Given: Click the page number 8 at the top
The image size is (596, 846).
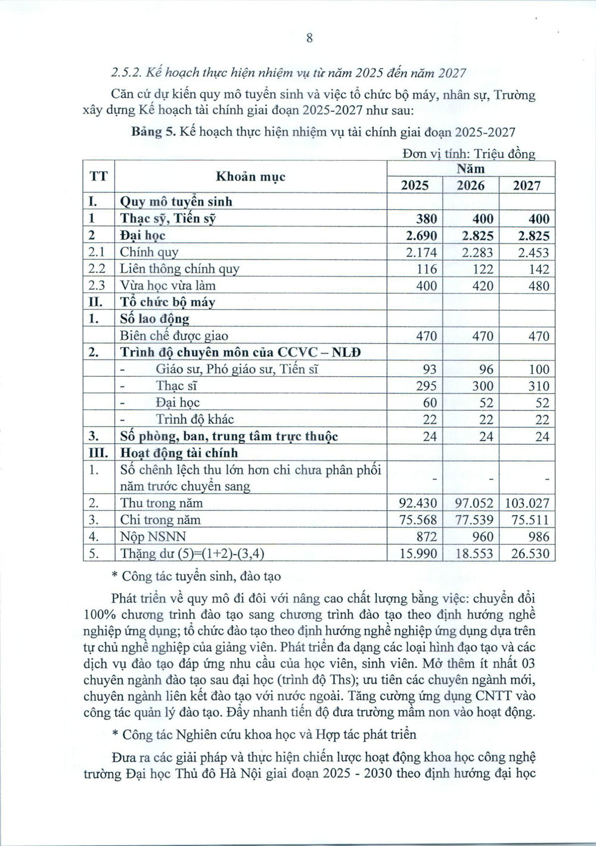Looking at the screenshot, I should [309, 38].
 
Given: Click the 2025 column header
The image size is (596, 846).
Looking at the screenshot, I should [415, 185].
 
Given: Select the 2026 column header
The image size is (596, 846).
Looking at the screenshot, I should [471, 185].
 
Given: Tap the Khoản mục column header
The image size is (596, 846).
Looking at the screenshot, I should [250, 177].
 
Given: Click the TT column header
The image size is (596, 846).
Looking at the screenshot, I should [98, 177].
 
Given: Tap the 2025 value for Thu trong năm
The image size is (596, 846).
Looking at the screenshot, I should [417, 503].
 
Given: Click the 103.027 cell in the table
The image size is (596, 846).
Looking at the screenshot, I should [526, 503].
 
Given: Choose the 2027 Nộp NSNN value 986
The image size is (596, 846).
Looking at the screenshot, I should [536, 537].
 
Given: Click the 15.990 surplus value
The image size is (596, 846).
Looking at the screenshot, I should [417, 554].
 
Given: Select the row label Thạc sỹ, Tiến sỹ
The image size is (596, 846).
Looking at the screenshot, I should [167, 219].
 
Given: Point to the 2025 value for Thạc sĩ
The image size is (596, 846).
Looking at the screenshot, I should [426, 386].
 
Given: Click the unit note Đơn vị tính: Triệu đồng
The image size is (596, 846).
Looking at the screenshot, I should [468, 154].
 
